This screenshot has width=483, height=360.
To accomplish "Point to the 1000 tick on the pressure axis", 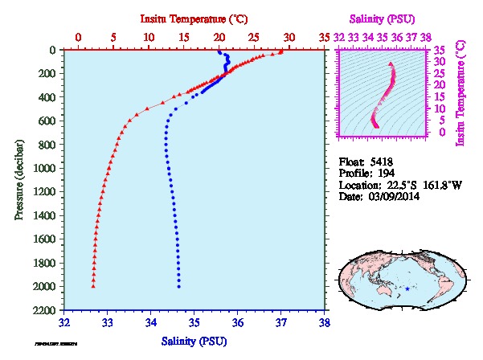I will coord(45,168).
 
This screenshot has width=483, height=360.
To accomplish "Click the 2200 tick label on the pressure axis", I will coord(45,310).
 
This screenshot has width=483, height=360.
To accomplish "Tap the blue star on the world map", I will coord(407,288).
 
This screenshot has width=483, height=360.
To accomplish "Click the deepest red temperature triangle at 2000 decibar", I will coord(93,286).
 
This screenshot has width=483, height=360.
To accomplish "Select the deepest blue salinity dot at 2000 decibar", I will coord(178,286).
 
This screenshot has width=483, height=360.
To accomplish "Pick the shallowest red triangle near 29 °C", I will coord(280,52).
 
